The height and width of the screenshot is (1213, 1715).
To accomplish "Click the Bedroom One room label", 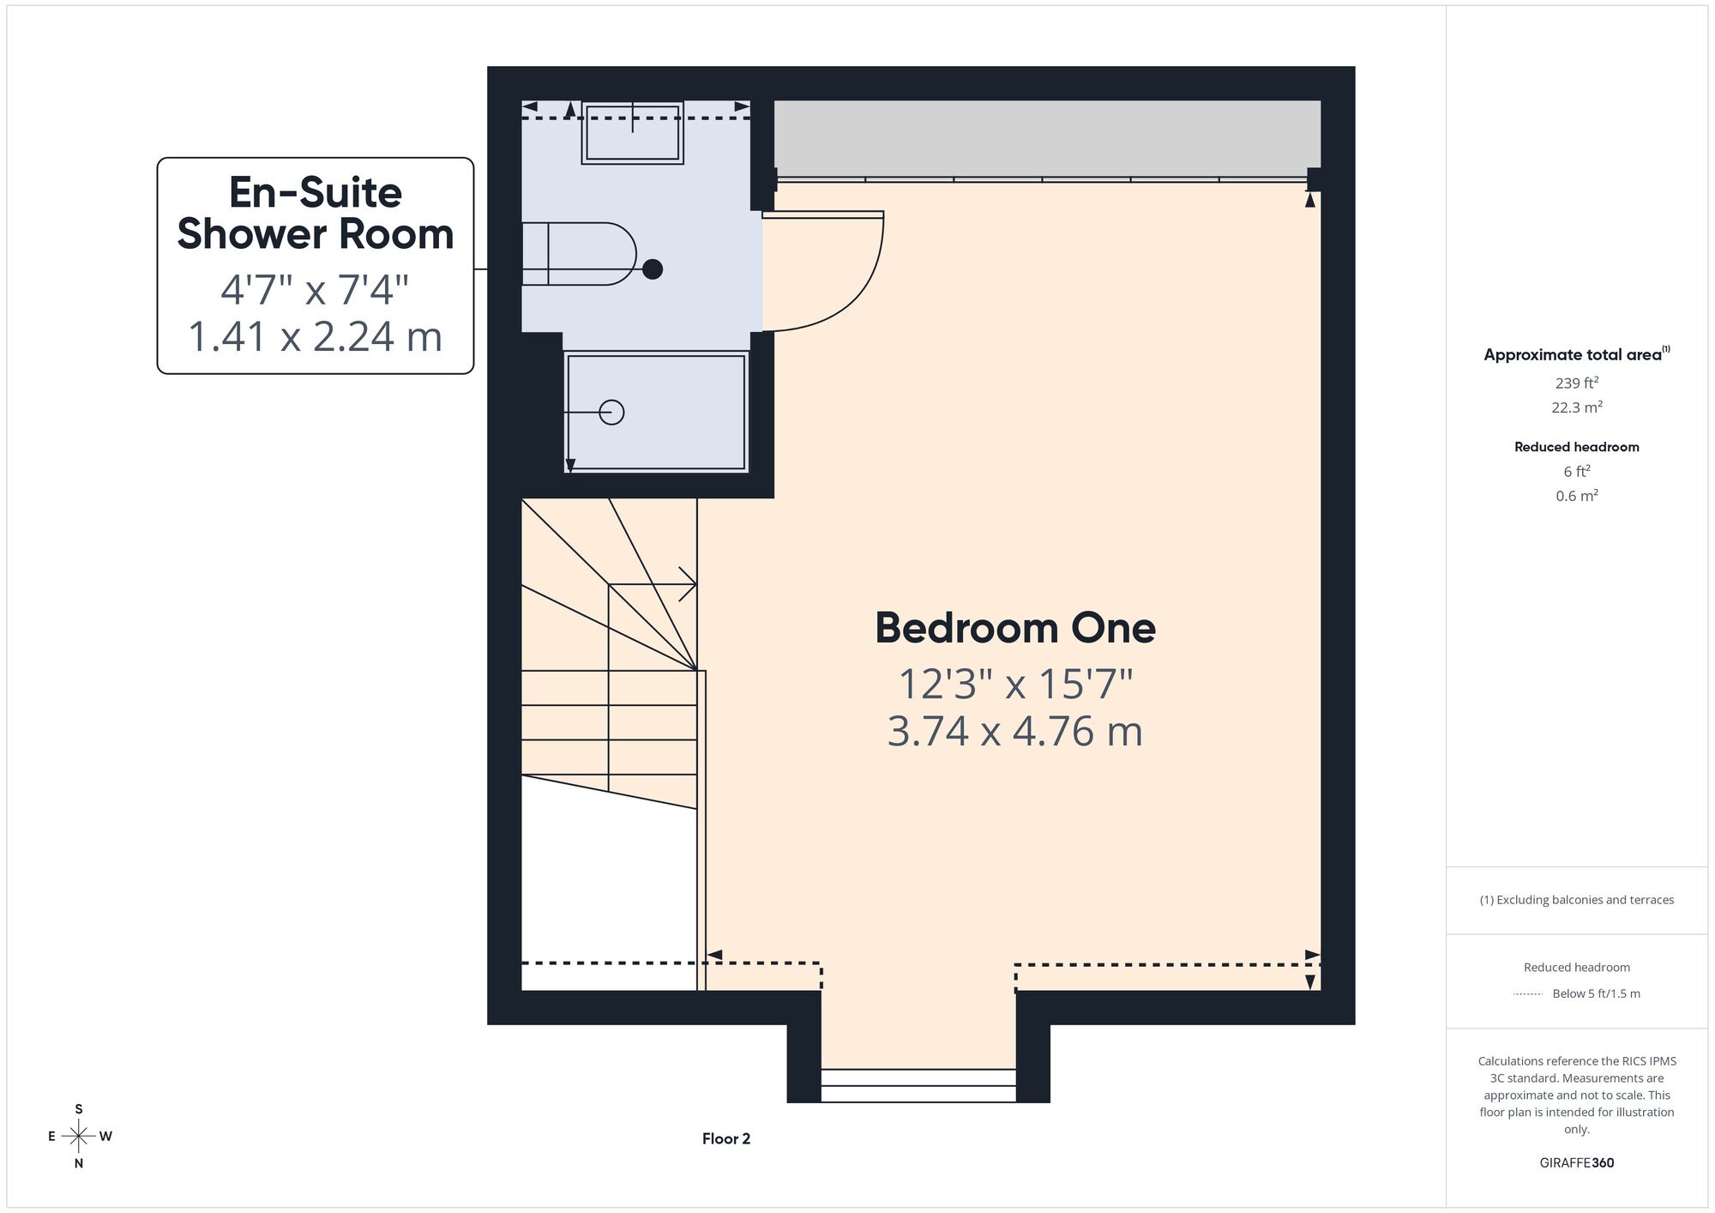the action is point(1015,628).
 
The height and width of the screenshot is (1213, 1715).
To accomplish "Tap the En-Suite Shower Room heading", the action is point(316,214).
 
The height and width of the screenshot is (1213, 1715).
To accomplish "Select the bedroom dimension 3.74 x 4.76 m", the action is point(1015,732).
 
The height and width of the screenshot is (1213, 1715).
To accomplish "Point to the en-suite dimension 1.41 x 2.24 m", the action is point(316,335).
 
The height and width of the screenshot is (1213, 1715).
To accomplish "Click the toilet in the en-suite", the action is point(579,254).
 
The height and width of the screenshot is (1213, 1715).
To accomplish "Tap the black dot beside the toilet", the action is point(653,269).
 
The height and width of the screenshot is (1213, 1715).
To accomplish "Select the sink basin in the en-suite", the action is point(632,132).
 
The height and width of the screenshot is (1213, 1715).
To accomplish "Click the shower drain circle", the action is point(611,413).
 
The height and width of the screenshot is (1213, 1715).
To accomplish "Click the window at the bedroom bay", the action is point(918,1085).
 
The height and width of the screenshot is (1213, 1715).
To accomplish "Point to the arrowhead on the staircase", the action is point(688,584).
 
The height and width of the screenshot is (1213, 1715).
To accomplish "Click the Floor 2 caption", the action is point(726,1139).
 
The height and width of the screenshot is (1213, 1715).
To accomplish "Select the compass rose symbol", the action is point(79,1137).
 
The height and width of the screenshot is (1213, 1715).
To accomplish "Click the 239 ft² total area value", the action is point(1577,383).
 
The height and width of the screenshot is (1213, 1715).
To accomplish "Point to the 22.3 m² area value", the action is point(1577,407).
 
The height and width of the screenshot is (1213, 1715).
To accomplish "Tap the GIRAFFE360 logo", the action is point(1577,1163).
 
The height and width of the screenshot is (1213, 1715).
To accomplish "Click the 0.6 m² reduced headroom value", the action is point(1577,496).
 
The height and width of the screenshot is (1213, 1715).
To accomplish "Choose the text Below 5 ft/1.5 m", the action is point(1596,993).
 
